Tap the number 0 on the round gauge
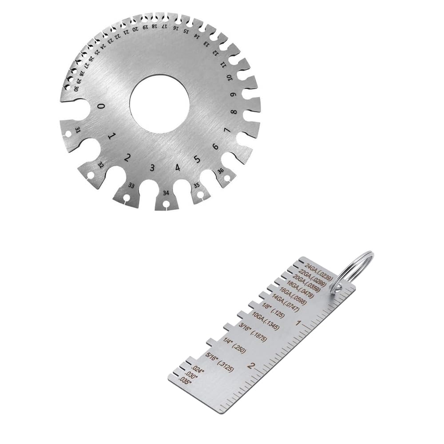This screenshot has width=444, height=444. [102, 107]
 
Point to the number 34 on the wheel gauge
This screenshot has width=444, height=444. [166, 193]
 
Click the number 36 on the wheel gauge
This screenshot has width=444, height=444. [220, 171]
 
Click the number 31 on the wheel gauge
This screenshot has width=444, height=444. [78, 130]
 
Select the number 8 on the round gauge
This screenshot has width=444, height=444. [234, 112]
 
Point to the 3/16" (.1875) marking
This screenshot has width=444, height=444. [253, 332]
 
